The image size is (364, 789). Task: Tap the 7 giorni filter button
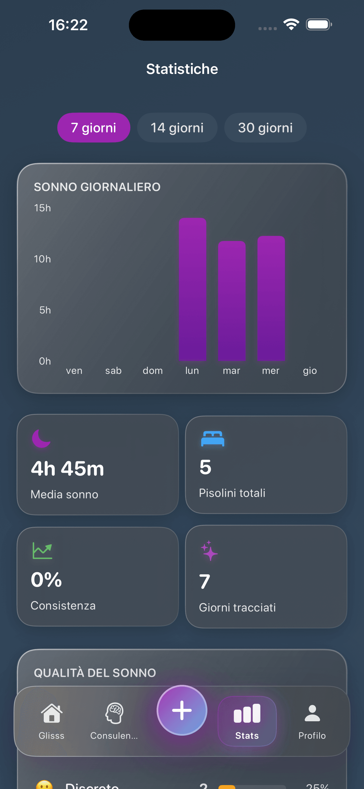coord(93,128)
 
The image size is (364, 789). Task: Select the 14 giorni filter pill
coord(177,128)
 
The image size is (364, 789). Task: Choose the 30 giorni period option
coord(265,128)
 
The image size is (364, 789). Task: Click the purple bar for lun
coord(192,289)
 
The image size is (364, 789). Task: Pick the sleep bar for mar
coord(232,301)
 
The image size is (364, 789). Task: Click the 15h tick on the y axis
coord(42,208)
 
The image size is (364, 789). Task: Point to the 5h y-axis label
coord(45,310)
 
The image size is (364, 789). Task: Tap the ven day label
coord(74,371)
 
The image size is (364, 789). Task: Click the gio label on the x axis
coord(310,371)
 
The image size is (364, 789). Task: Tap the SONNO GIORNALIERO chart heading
coord(97,187)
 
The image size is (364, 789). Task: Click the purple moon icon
coord(41,438)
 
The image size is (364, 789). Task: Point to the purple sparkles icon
coord(209,551)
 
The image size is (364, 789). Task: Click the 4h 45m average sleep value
coord(67,469)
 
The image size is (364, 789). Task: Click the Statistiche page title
coord(182,69)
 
